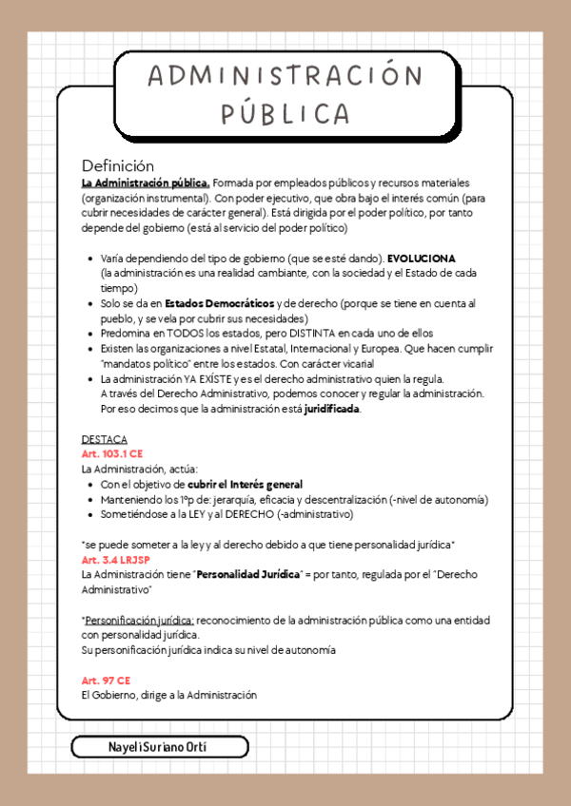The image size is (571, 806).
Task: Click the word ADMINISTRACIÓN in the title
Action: click(285, 77)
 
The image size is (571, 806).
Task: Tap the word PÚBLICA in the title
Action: click(285, 112)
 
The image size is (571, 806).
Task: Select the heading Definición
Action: click(117, 165)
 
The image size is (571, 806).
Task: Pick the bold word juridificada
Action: click(332, 410)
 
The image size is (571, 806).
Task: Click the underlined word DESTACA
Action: click(105, 440)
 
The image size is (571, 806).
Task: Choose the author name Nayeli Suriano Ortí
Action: click(158, 746)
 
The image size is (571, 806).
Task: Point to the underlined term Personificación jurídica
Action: click(139, 620)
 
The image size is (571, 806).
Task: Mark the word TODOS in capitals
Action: click(188, 334)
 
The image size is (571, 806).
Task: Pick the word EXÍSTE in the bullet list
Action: click(206, 379)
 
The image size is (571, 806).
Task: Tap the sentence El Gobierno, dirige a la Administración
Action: click(169, 696)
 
